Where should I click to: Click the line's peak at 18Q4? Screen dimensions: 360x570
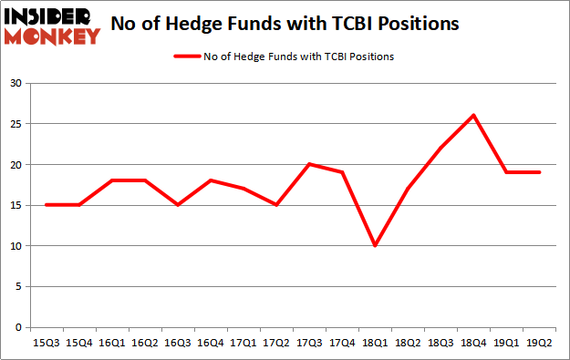[474, 116]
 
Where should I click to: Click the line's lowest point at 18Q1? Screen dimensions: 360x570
[376, 245]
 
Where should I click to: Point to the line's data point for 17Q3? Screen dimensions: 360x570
[309, 164]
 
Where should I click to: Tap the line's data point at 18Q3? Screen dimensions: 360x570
[441, 148]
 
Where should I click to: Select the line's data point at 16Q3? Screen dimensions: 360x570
[178, 205]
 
